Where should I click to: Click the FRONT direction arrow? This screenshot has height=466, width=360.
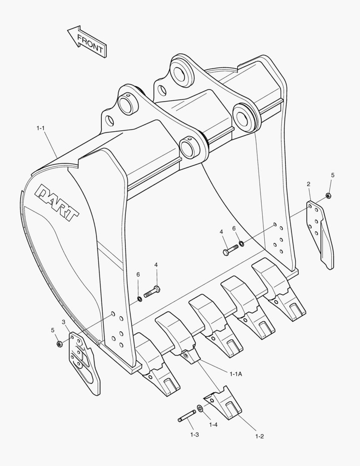(88, 41)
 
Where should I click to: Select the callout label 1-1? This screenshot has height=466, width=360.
(41, 128)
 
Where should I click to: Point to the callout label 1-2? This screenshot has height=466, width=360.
(259, 436)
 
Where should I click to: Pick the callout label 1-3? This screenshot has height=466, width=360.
(194, 435)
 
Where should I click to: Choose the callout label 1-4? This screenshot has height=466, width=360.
(213, 425)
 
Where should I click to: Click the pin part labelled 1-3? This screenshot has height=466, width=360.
(187, 416)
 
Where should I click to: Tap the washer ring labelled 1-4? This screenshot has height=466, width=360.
(200, 408)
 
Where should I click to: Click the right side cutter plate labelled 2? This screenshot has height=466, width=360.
(320, 233)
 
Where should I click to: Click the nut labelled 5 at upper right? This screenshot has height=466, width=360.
(329, 196)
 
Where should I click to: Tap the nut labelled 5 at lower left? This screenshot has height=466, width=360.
(59, 344)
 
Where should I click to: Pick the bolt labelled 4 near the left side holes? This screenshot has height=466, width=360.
(152, 291)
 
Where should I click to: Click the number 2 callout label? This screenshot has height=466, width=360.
(309, 184)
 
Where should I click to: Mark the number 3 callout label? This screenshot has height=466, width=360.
(63, 322)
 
